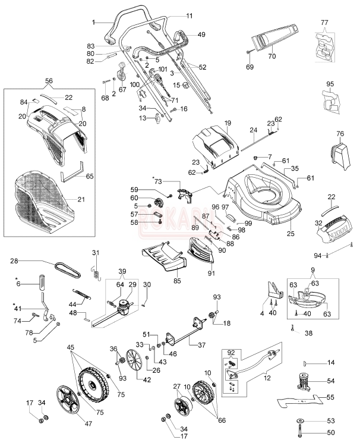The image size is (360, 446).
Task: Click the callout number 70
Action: (273, 57)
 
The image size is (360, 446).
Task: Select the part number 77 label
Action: (324, 22)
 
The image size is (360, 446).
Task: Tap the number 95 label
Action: (330, 84)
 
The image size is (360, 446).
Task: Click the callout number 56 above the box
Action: (49, 80)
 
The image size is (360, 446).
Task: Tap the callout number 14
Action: (331, 362)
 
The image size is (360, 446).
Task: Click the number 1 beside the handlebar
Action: (94, 22)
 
